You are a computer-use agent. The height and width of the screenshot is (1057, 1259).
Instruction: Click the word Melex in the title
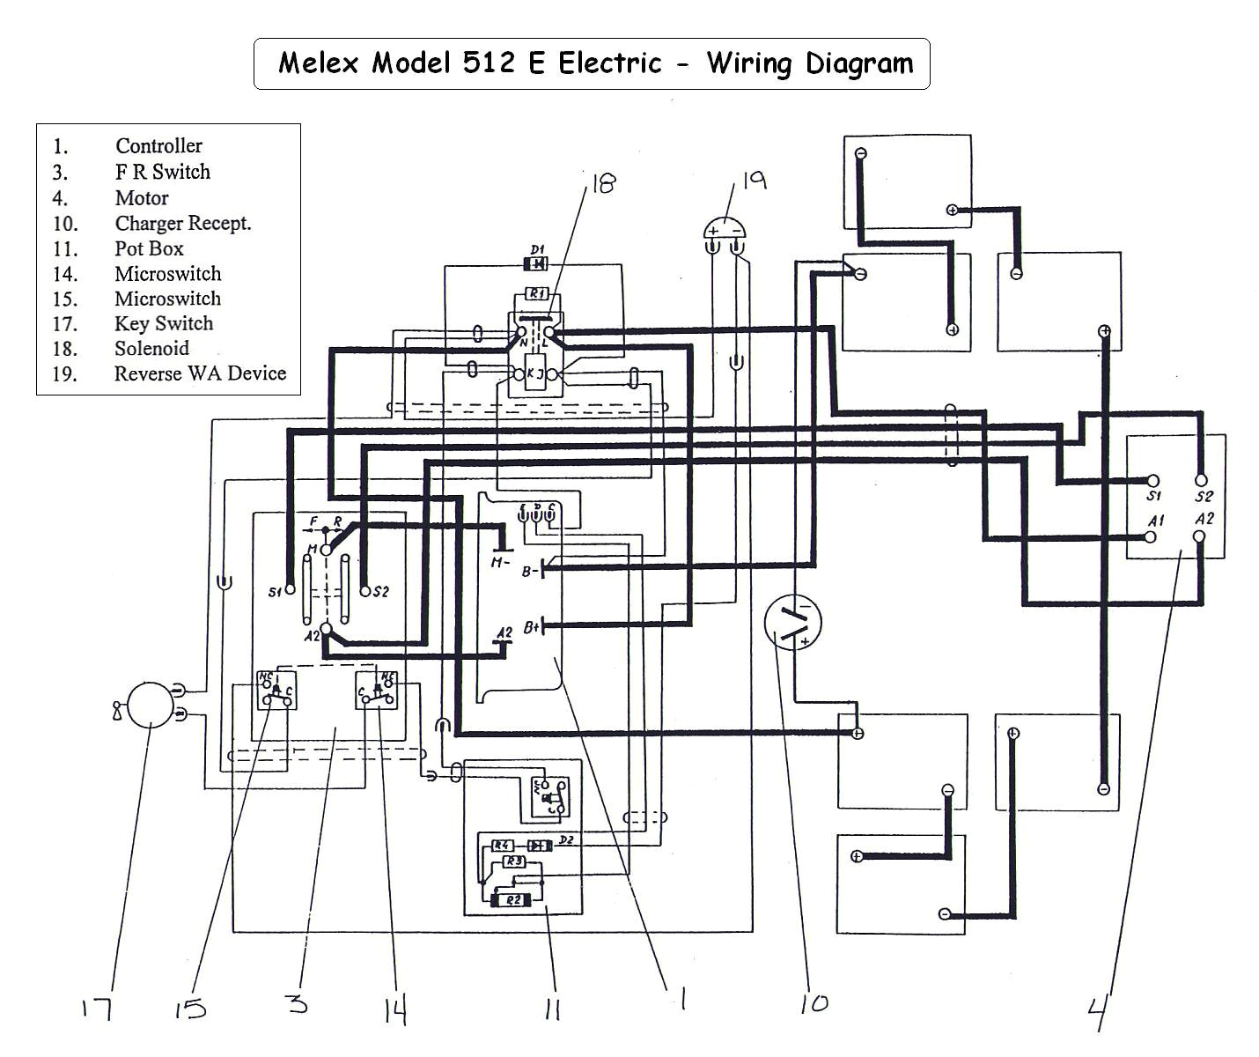(320, 63)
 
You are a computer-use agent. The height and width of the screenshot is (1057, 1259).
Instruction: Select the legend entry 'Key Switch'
(164, 324)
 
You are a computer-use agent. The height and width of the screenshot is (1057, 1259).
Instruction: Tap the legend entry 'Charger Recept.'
(182, 224)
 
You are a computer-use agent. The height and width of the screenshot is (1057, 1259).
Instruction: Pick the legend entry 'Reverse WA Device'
(200, 373)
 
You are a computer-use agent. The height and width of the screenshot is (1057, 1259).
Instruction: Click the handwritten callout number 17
(97, 1007)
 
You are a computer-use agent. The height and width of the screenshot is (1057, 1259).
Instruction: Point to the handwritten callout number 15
(189, 1008)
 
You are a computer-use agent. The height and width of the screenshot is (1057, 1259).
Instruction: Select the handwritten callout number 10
(813, 1003)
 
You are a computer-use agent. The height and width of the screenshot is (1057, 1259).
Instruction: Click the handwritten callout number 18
(602, 183)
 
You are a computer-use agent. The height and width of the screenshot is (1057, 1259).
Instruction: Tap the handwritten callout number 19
(754, 181)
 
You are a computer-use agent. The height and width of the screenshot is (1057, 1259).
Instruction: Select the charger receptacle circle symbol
(792, 621)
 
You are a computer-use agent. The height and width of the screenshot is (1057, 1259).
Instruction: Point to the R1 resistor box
(536, 293)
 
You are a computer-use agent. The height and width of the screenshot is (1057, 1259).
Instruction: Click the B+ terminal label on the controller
(531, 627)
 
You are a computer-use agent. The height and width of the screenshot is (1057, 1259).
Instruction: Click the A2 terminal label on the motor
(1204, 519)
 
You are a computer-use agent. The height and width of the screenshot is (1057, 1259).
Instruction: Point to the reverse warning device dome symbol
(725, 230)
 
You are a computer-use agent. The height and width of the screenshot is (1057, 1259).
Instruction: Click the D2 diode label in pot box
(566, 839)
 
